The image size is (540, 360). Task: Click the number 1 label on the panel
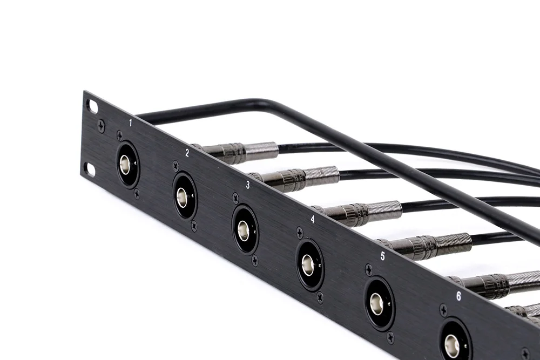pos(130,123)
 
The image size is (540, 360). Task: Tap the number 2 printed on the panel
pos(187,153)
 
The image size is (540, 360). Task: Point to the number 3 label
pos(248,185)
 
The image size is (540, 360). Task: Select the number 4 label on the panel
pos(312,220)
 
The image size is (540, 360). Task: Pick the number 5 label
pos(383,256)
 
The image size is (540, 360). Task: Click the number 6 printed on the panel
pos(458,296)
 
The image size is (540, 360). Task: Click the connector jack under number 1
pos(127,165)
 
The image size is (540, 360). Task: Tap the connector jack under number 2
pos(184,195)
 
